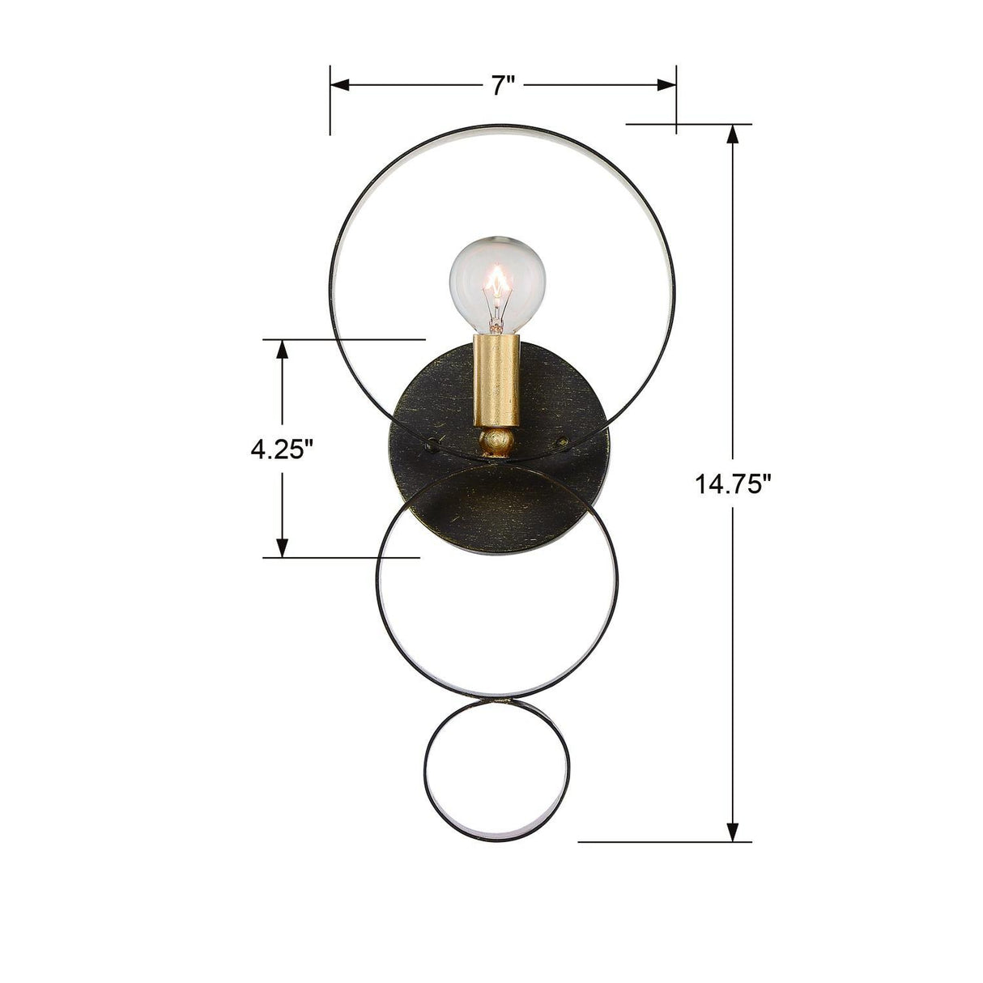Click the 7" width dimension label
coord(504,85)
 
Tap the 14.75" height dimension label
coord(733,484)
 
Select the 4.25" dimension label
coord(282,448)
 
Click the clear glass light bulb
coord(497,283)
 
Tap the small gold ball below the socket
coord(496,443)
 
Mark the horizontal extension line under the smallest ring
coord(664,842)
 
